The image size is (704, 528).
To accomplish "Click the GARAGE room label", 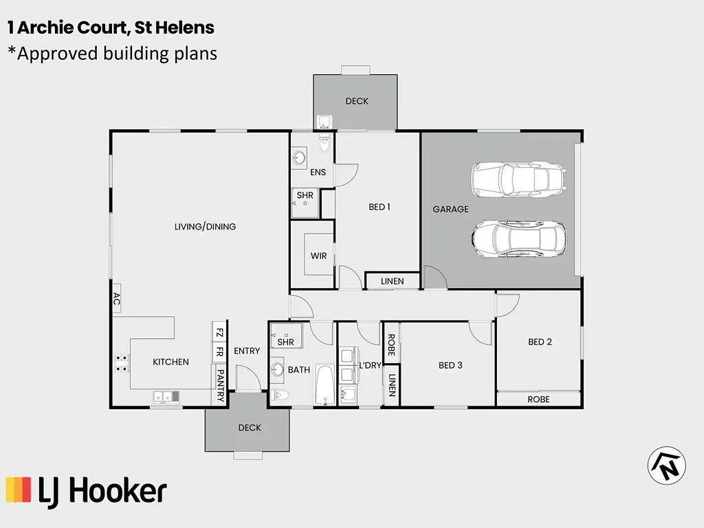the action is (x=450, y=209).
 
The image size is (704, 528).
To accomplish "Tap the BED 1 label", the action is (x=379, y=207).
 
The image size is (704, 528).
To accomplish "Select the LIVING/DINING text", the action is (x=205, y=227).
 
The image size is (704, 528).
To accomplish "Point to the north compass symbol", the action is (x=667, y=465).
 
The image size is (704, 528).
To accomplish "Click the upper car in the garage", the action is (x=518, y=179).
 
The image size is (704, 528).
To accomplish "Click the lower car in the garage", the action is (x=518, y=239).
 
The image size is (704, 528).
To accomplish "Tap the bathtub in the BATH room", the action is (x=324, y=384).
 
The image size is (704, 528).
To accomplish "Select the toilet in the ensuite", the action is (x=324, y=143).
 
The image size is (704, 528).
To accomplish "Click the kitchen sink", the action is (x=166, y=397).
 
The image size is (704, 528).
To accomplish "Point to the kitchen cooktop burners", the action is (x=121, y=363).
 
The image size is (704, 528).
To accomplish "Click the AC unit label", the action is (x=116, y=298).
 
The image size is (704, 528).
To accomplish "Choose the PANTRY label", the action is (x=220, y=385).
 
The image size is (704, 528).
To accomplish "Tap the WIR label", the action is (x=319, y=256).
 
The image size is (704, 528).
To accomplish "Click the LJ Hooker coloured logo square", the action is (x=19, y=489).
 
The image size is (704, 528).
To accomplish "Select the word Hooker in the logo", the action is (x=118, y=491).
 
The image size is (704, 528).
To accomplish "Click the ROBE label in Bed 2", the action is (x=538, y=399).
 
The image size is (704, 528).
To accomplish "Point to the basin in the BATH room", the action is (x=278, y=370).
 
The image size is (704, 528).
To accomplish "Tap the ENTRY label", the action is (x=247, y=351).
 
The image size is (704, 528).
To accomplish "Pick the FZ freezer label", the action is (x=219, y=333).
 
